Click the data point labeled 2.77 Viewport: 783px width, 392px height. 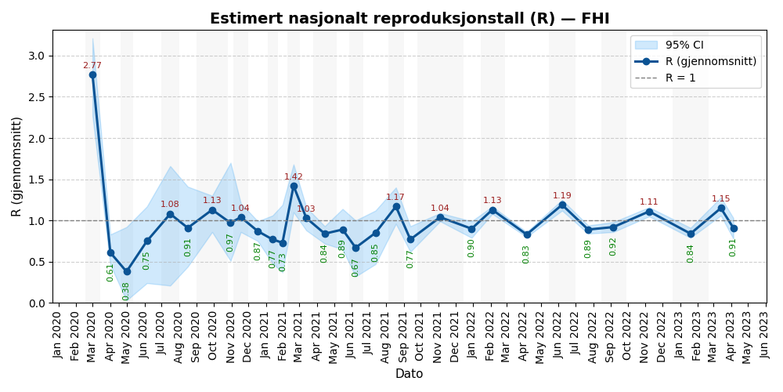92,74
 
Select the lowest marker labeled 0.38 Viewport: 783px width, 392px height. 126,272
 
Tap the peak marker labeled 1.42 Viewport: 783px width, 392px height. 294,186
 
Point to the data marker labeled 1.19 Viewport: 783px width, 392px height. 562,205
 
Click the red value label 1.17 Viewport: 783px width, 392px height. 395,198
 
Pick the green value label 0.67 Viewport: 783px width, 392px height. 355,267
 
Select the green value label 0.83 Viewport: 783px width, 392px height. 526,254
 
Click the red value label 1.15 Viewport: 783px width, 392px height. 720,199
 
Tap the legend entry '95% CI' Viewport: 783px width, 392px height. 684,45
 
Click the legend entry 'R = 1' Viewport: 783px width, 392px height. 680,78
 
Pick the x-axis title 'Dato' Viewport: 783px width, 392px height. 409,374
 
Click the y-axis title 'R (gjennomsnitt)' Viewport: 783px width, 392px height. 17,166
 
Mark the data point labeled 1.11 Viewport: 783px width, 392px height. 649,212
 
